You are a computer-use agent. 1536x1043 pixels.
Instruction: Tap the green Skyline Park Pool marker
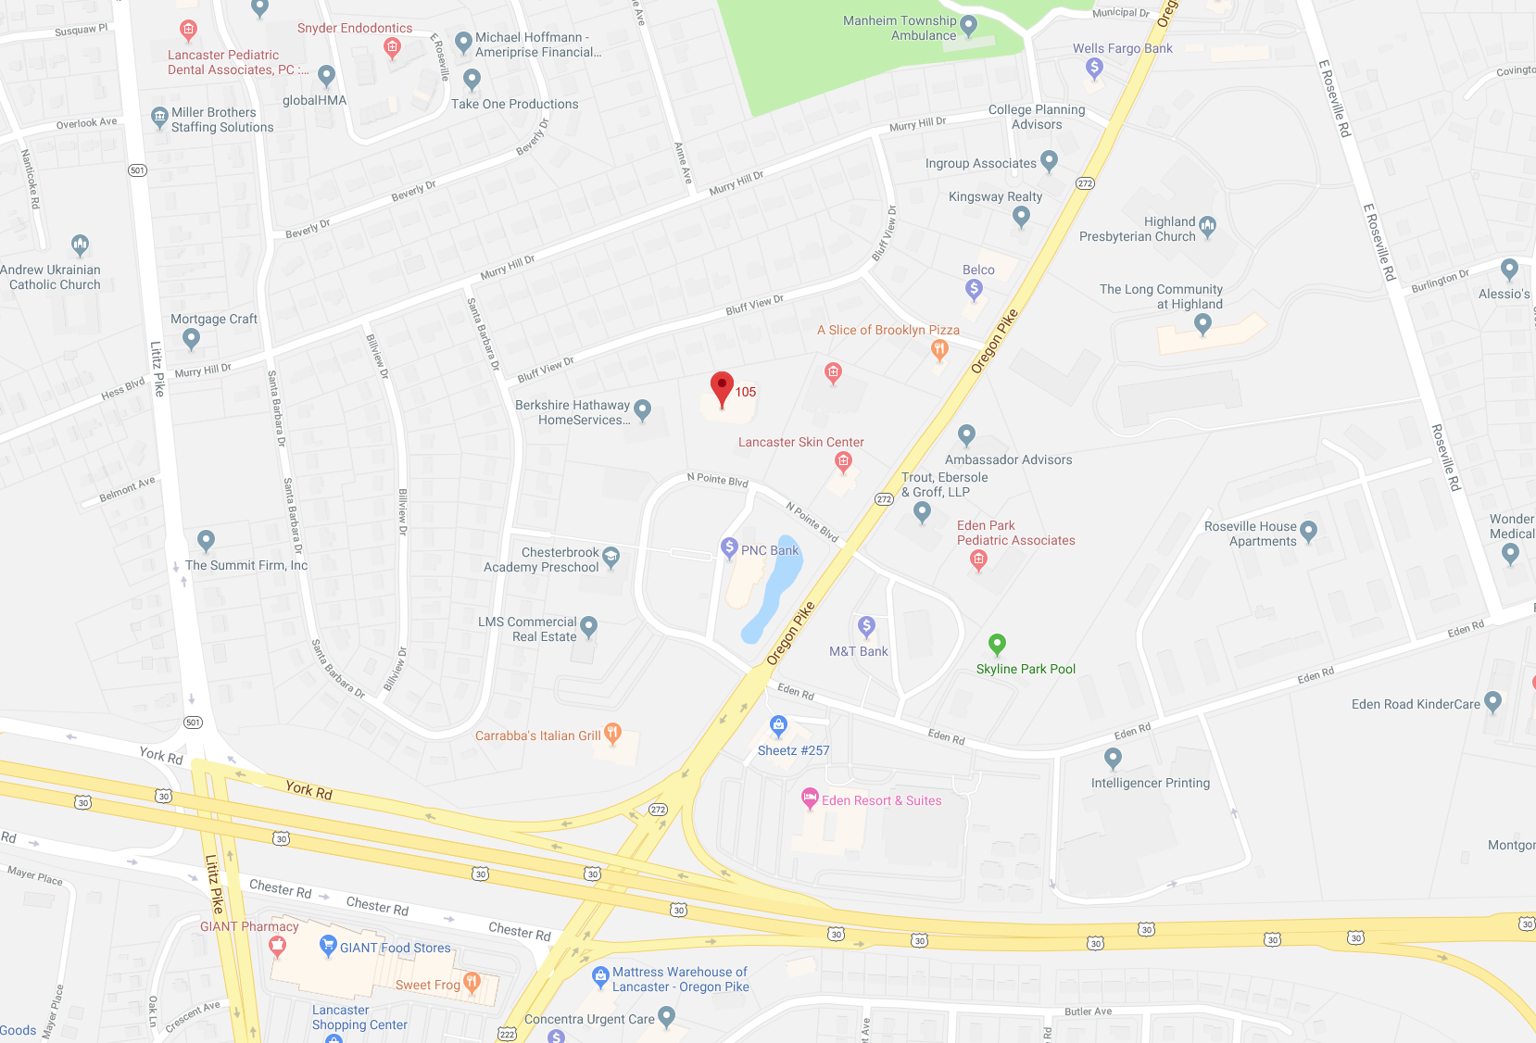point(997,643)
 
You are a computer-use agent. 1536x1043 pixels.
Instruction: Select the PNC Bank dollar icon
point(729,547)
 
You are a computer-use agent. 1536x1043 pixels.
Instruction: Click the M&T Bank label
point(858,651)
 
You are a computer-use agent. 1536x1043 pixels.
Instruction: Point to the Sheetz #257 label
point(793,750)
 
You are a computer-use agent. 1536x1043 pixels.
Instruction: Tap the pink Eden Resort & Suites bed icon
point(810,798)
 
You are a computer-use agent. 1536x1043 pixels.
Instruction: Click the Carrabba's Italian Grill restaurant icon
point(612,734)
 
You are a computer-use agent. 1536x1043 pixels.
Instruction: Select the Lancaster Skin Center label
point(800,442)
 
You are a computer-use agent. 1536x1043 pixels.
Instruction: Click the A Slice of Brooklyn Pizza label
point(888,330)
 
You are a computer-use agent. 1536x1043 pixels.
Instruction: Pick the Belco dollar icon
point(974,289)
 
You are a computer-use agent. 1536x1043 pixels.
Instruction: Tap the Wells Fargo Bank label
point(1122,48)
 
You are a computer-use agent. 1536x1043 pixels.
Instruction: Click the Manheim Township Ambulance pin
point(969,25)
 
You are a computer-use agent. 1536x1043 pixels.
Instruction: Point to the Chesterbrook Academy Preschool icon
point(611,556)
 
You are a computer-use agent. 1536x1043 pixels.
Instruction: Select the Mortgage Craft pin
point(192,338)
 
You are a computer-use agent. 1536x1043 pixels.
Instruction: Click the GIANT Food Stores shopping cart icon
point(327,945)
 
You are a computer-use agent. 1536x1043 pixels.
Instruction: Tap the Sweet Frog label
point(427,985)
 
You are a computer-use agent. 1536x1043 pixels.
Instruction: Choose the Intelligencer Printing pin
point(1113,758)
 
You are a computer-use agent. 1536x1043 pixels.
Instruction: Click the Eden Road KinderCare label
point(1416,704)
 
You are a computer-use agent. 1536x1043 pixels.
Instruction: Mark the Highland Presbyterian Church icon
point(1207,225)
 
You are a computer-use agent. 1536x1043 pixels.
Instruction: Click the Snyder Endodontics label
point(354,28)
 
